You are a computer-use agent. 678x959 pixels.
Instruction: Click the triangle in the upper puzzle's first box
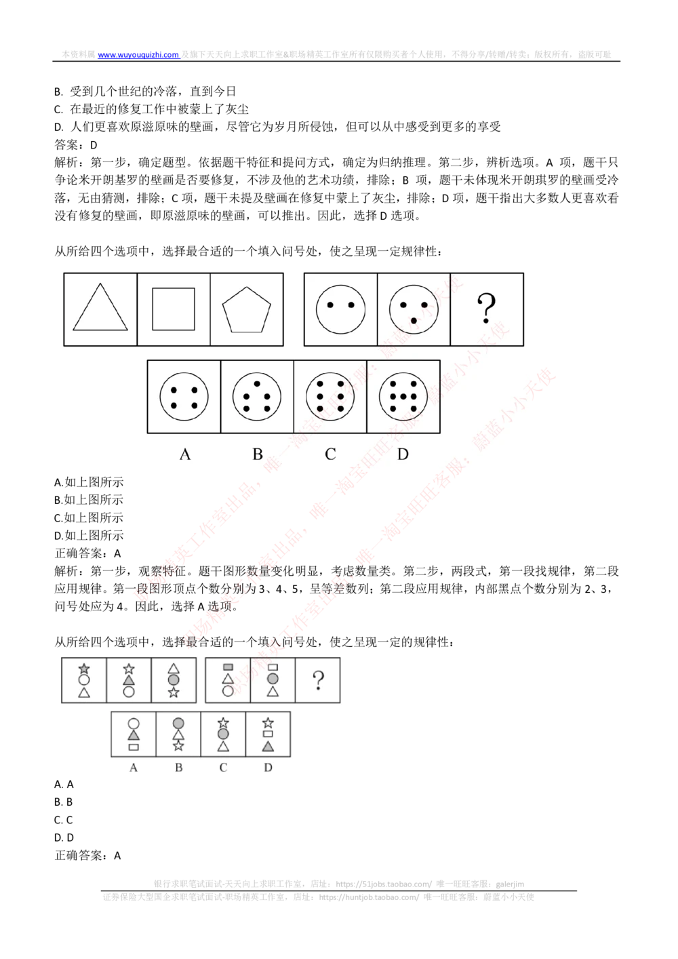pos(100,310)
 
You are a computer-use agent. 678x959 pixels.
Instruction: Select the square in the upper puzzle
pos(174,309)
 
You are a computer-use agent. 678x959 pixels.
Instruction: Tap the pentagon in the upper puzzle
pos(247,310)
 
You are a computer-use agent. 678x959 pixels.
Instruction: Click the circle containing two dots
pos(340,309)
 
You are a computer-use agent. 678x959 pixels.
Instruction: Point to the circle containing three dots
pos(414,309)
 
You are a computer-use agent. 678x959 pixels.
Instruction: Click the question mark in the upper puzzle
pos(486,309)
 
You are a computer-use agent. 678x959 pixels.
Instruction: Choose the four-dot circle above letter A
pos(184,397)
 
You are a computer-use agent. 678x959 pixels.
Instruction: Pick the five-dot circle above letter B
pos(257,397)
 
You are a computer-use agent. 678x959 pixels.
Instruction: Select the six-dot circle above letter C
pos(330,397)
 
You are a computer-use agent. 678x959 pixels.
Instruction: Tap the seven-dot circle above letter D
pos(403,397)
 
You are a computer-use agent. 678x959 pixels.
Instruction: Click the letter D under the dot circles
pos(403,454)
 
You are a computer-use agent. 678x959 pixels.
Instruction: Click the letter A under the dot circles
pos(184,454)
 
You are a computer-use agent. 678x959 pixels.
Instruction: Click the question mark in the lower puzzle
pos(318,680)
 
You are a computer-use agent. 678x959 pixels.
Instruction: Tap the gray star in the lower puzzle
pos(84,669)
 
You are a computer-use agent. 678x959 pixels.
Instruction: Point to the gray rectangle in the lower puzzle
pos(228,667)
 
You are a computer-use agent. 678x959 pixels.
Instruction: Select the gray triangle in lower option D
pos(268,746)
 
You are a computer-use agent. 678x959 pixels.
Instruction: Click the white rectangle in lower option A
pos(134,747)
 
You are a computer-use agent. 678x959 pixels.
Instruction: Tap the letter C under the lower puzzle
pos(223,768)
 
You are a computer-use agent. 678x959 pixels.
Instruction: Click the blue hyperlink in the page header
pos(139,54)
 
